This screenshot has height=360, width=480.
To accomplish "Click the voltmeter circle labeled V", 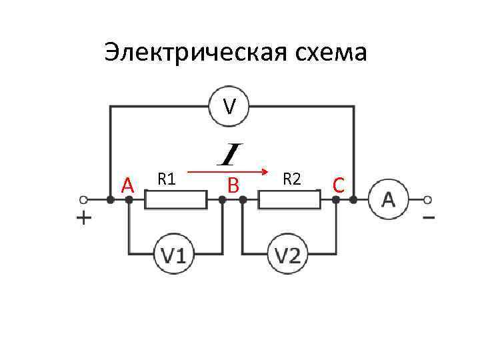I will point(229,106).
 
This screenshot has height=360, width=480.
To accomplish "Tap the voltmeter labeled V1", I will point(173,254).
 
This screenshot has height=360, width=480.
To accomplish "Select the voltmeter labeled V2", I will point(288,254).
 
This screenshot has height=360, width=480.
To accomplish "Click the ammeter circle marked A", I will point(389,199).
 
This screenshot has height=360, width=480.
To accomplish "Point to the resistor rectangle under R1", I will point(176,199).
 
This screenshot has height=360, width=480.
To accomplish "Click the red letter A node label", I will point(129,184).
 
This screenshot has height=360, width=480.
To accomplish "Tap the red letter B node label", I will point(233,184).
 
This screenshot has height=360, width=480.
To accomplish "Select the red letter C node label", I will point(339,184).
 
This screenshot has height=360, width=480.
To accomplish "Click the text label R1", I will point(166,178).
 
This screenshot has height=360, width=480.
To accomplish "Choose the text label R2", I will point(292,178).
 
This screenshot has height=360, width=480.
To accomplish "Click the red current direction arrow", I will point(227,172).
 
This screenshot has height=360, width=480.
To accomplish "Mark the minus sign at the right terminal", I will point(429,217).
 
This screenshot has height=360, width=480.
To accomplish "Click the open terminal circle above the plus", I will point(83,199).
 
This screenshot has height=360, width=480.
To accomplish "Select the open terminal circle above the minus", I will point(428,199).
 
